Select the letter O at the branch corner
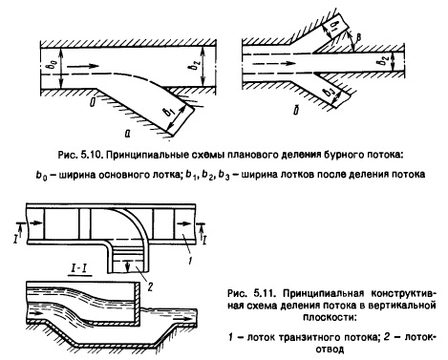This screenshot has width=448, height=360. point(93,102)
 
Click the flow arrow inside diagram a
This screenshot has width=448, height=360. point(83,66)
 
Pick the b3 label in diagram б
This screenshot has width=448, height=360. point(329,93)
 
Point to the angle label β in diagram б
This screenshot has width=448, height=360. point(358,37)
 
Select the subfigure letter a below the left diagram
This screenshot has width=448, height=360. point(127,134)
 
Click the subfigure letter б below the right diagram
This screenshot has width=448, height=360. point(296,111)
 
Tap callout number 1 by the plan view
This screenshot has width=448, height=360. point(190,261)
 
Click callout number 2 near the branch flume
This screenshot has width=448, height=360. point(150,286)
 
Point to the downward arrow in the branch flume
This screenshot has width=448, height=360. point(128,265)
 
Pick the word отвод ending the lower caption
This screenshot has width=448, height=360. point(331,349)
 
